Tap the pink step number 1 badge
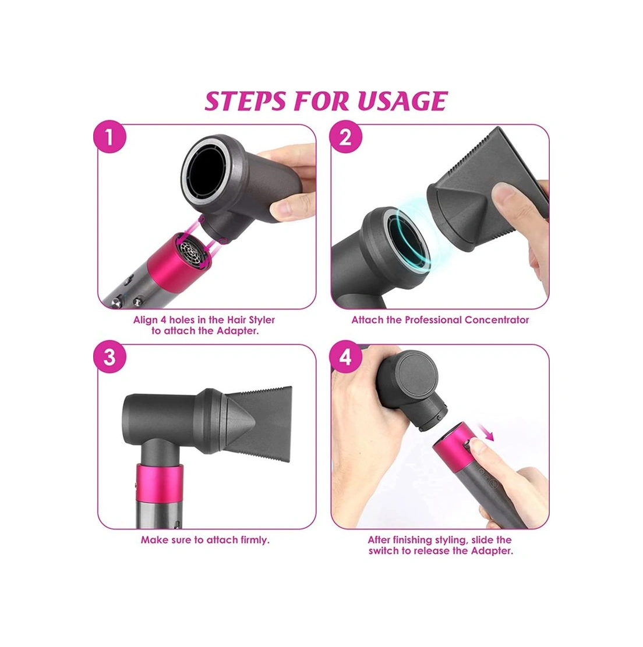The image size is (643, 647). pos(109,138)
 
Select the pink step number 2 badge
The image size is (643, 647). pos(346,138)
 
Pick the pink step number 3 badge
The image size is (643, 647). pos(109,357)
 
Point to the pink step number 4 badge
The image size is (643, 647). pos(346,357)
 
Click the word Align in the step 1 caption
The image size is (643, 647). pos(146,320)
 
